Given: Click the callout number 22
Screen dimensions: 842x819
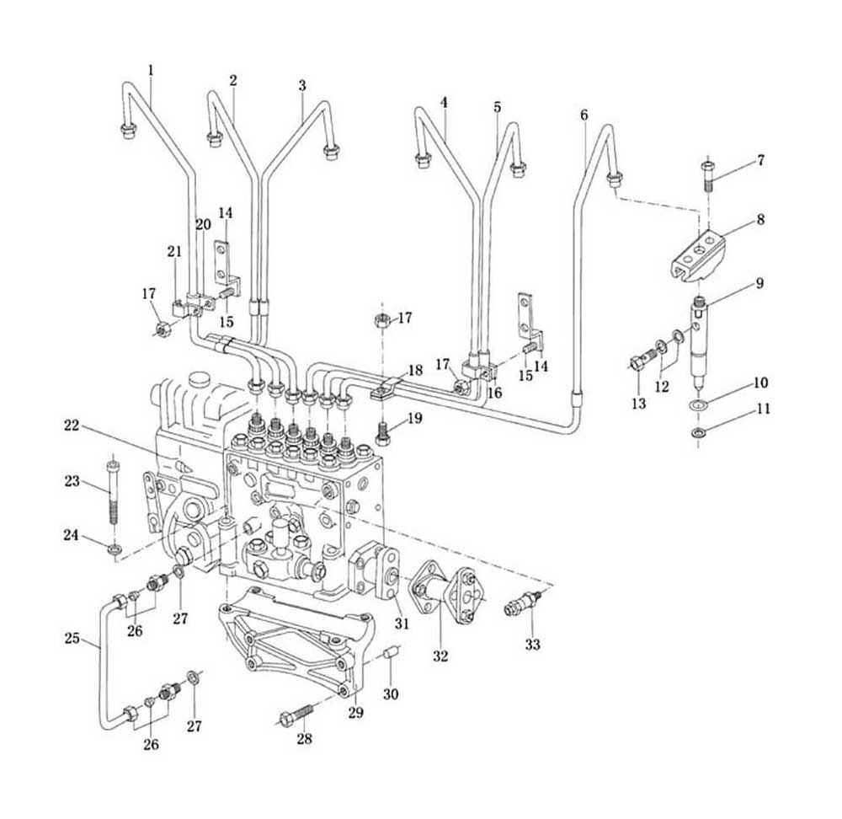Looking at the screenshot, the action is coord(72,426).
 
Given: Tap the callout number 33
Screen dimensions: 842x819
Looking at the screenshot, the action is coord(532,644).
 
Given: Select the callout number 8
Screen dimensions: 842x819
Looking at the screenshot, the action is coord(760,219).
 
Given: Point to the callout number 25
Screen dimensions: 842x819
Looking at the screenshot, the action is coord(72,639).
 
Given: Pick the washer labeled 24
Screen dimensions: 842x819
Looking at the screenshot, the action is coord(114,549).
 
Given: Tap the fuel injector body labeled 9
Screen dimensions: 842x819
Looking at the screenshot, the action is coord(699,344).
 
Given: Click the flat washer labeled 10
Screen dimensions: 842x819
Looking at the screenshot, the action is coord(698,404).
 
